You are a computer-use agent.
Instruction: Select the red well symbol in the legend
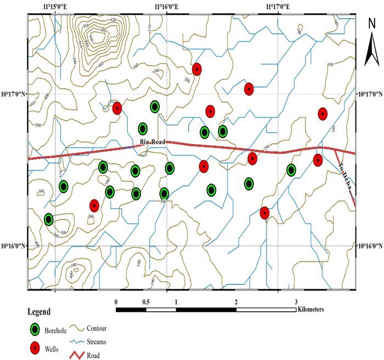click(36, 347)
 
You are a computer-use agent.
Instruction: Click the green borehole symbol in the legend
click(36, 329)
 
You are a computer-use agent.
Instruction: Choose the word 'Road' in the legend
click(94, 355)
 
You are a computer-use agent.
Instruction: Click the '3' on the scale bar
click(296, 302)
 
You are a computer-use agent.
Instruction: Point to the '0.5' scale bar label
click(146, 302)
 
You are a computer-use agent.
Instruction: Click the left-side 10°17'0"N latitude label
click(13, 94)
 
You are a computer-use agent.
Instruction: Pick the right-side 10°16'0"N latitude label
click(370, 246)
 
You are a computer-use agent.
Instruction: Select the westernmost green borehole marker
click(48, 220)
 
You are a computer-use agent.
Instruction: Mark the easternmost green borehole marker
click(291, 170)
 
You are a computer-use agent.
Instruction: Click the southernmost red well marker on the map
click(264, 213)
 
